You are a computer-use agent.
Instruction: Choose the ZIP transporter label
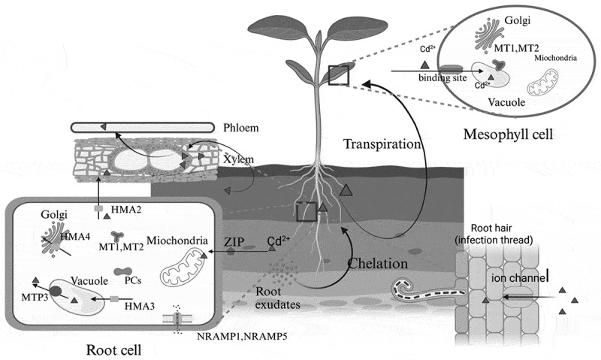tap(233, 242)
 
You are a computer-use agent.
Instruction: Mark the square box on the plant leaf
tap(339, 75)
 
